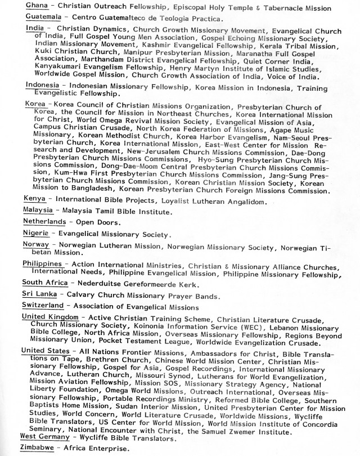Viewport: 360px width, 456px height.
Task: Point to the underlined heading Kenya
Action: coord(34,199)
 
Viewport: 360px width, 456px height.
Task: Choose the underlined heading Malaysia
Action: coord(39,211)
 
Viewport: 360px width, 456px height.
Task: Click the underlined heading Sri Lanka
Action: coord(39,294)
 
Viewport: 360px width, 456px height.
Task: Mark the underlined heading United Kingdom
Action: coord(51,317)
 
